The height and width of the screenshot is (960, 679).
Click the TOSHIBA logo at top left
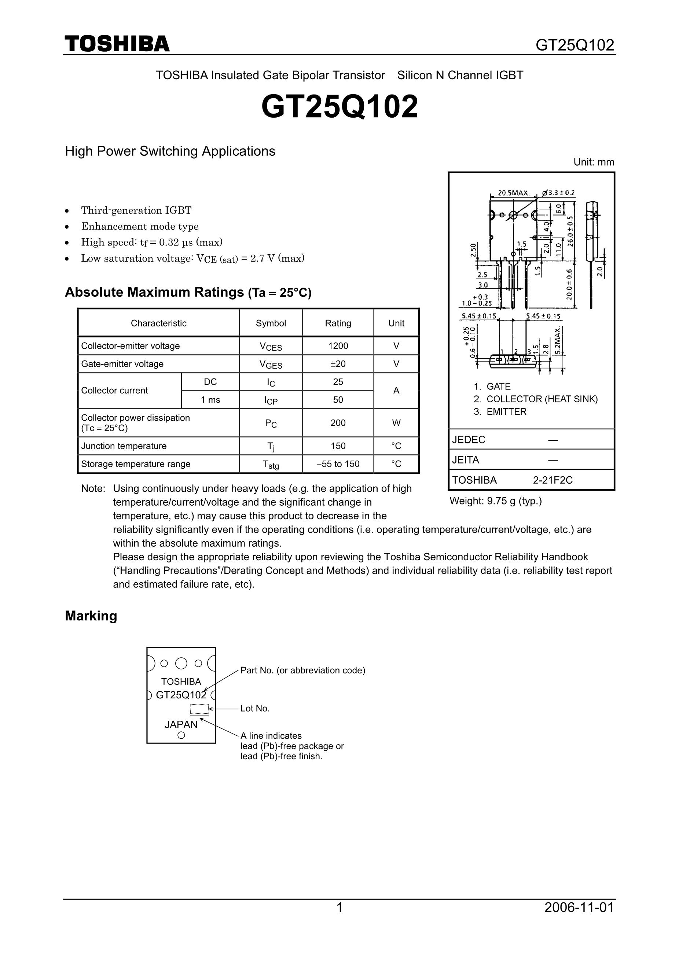pyautogui.click(x=117, y=44)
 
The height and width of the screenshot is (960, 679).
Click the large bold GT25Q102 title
pyautogui.click(x=339, y=107)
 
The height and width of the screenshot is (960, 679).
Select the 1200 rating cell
pyautogui.click(x=338, y=346)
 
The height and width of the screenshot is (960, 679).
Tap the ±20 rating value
pyautogui.click(x=338, y=364)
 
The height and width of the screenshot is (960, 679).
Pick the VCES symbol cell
pyautogui.click(x=271, y=346)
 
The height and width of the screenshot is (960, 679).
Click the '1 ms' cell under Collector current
pyautogui.click(x=210, y=400)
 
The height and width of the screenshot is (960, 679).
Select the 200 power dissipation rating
pyautogui.click(x=338, y=423)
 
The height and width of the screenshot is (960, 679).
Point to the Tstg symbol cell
pyautogui.click(x=271, y=464)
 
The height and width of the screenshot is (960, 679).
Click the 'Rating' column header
pyautogui.click(x=338, y=323)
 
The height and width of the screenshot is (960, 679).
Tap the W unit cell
pyautogui.click(x=396, y=423)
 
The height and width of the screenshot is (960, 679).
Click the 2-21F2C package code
pyautogui.click(x=552, y=480)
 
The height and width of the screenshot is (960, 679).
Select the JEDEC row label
pyautogui.click(x=469, y=439)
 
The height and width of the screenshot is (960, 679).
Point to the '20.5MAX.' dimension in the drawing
pyautogui.click(x=513, y=193)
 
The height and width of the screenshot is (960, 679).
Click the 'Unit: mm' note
pyautogui.click(x=594, y=162)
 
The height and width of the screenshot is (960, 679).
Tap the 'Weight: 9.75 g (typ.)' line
pyautogui.click(x=495, y=501)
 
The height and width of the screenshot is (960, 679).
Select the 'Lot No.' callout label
pyautogui.click(x=255, y=708)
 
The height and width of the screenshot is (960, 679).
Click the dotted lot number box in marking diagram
pyautogui.click(x=199, y=709)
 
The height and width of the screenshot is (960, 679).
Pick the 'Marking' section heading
pyautogui.click(x=91, y=616)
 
